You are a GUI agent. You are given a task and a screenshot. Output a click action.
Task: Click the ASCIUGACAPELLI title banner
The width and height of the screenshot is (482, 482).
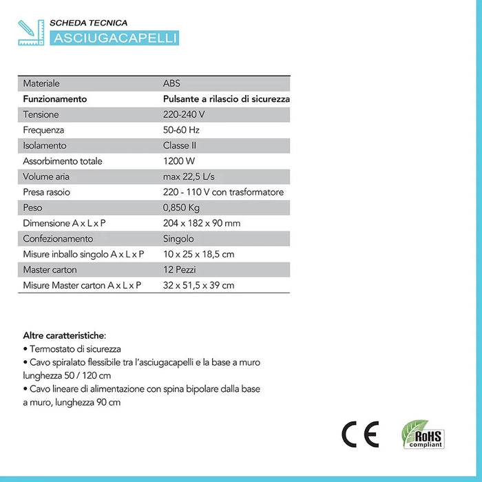(x=114, y=37)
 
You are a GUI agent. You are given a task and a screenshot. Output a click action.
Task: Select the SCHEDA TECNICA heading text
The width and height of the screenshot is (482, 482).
(x=94, y=23)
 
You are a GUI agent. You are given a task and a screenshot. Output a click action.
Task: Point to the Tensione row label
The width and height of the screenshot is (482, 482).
(x=41, y=114)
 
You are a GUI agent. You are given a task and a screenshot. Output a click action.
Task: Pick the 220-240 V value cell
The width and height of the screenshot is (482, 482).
(x=185, y=114)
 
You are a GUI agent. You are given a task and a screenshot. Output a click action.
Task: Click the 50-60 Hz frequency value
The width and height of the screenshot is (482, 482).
(x=182, y=130)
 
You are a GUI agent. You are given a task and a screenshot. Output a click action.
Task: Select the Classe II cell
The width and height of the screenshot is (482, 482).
(x=180, y=145)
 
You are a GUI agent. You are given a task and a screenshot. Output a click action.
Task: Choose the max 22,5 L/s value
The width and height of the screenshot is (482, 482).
(x=189, y=176)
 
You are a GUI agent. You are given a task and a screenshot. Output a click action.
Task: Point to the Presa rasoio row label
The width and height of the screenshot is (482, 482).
(x=47, y=192)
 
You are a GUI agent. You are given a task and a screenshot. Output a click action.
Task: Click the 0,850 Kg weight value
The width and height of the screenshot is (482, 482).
(x=180, y=207)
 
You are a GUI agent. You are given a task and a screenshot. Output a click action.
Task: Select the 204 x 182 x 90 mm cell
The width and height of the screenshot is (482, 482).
(x=202, y=223)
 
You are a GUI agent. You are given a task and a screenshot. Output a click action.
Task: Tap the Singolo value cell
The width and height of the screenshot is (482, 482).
(x=178, y=239)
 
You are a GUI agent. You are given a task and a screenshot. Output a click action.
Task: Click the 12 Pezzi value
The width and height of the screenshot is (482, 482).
(x=180, y=269)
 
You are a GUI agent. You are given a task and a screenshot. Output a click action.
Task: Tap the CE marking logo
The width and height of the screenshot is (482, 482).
(x=359, y=434)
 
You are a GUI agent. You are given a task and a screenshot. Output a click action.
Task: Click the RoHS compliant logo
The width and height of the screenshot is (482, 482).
(x=423, y=434)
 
